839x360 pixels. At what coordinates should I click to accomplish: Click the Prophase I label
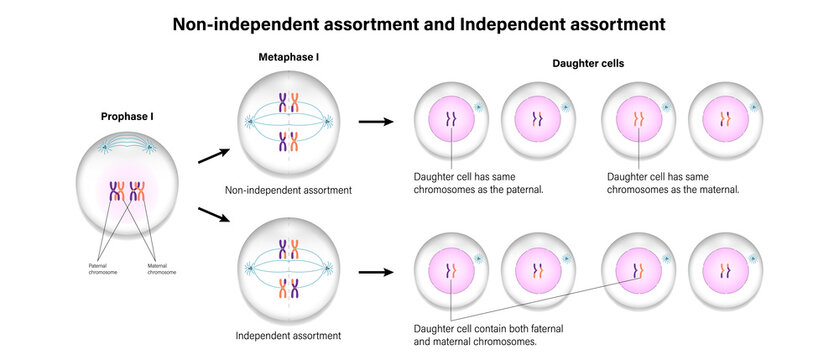point(126,117)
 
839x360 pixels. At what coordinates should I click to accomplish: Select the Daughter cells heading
point(589,64)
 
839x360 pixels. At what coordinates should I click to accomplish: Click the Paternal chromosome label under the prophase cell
point(103,269)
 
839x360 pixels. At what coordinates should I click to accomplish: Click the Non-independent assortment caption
point(288,189)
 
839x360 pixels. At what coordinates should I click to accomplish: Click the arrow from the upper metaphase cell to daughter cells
point(373,122)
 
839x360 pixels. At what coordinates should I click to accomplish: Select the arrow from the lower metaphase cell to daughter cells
point(373,270)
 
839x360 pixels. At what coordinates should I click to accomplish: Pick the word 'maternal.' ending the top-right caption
point(713,189)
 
